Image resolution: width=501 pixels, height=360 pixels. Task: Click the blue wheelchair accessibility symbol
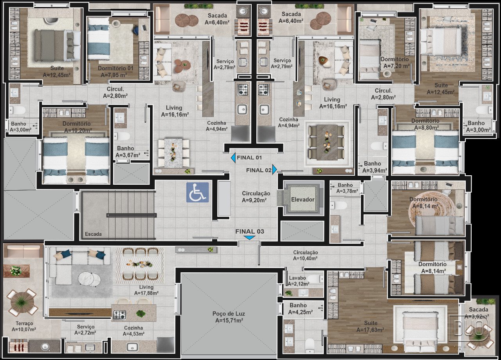(x=198, y=193)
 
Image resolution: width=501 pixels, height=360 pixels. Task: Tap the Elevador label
(x=303, y=200)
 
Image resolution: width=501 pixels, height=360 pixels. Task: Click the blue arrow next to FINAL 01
(x=233, y=158)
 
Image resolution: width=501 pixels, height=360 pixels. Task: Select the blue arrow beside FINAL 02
(x=274, y=169)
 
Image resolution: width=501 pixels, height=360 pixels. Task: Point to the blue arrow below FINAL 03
(x=249, y=238)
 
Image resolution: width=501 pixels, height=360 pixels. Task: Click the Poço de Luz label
(x=229, y=314)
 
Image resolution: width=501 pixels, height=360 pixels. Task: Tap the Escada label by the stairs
(x=93, y=234)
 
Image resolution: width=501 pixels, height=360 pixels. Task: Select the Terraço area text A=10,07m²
(x=24, y=329)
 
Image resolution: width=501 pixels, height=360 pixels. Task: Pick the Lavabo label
(x=297, y=278)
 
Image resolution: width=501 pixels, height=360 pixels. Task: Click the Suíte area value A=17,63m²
(x=370, y=329)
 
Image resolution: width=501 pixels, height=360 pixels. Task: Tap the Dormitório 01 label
(x=115, y=68)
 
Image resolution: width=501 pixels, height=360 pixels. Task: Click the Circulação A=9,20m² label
(x=256, y=197)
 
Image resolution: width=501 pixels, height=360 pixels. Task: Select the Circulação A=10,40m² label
(x=306, y=256)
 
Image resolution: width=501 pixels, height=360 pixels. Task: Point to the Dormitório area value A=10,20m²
(x=78, y=130)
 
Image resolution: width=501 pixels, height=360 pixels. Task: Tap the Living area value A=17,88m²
(x=146, y=293)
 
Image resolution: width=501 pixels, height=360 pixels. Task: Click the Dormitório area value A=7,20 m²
(x=396, y=66)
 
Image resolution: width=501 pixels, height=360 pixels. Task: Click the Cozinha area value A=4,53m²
(x=133, y=334)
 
